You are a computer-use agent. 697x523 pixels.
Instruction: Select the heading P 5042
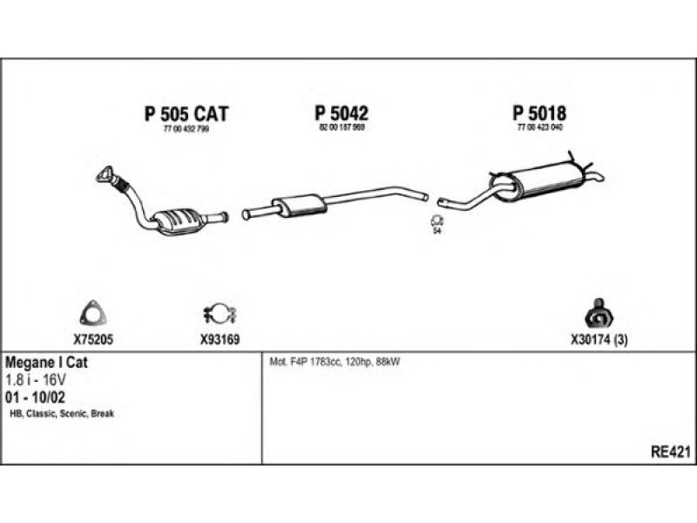coord(342,113)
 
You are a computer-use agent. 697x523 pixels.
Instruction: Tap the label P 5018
coord(539,113)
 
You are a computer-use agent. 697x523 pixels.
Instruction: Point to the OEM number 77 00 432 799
coord(186,129)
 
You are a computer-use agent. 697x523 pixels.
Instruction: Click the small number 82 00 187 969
coord(341,128)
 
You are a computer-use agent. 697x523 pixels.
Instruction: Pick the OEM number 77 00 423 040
coord(539,128)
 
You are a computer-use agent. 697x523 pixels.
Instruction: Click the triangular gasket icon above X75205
coord(90,311)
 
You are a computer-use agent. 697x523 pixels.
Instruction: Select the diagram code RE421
coord(670,451)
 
